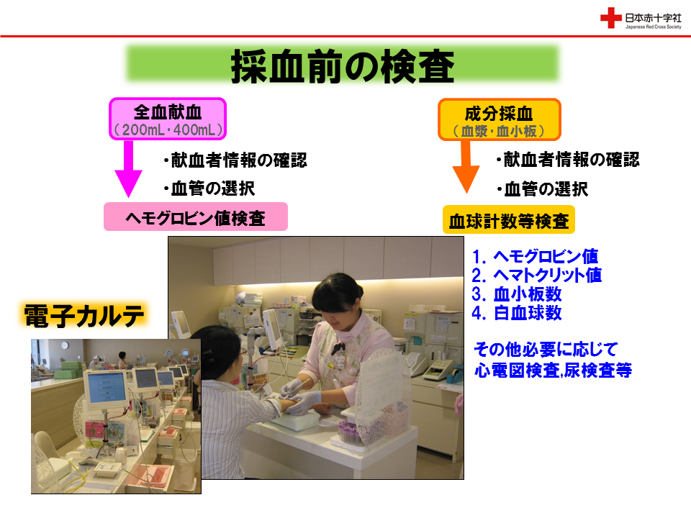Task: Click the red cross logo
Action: coord(611,18)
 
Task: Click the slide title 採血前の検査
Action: coord(343,66)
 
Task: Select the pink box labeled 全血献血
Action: coord(168,119)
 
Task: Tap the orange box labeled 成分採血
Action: coord(500,119)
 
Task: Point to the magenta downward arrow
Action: coord(128,169)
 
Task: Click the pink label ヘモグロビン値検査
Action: coord(196,217)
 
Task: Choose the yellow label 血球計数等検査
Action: coord(509,220)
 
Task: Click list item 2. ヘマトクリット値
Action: coord(536,276)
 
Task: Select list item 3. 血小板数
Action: coord(517,294)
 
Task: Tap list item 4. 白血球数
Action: coord(517,313)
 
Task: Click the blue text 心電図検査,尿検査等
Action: coord(553,371)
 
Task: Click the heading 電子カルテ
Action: coord(83,316)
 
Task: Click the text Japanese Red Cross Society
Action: coord(653,27)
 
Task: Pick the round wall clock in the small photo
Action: coord(65,346)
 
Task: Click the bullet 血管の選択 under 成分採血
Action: coord(543,189)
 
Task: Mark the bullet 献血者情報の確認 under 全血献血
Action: coord(235,160)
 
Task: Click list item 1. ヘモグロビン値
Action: coord(535,256)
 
